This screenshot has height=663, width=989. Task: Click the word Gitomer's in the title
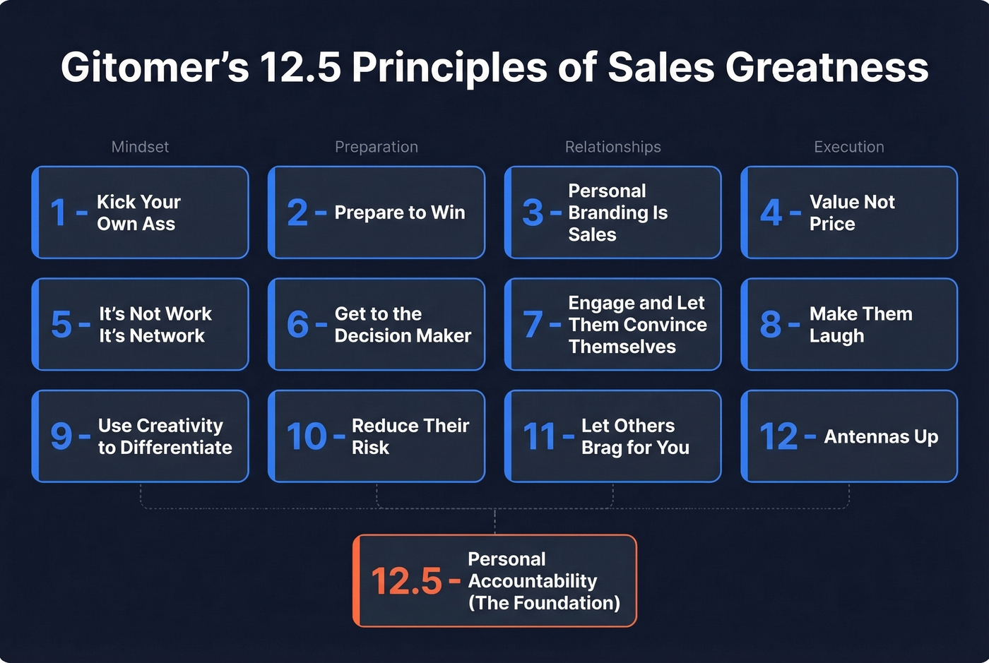tap(155, 68)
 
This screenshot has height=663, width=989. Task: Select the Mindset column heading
tap(140, 147)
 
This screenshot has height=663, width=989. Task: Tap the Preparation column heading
tap(377, 147)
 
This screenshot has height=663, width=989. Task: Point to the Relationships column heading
tap(613, 147)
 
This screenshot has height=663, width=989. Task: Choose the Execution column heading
tap(849, 147)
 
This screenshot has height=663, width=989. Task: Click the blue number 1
tap(59, 213)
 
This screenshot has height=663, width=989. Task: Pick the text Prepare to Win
tap(400, 213)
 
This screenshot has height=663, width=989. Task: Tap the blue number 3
tap(533, 213)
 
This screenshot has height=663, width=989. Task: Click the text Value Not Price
tap(851, 213)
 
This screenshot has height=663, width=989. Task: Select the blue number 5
tap(61, 325)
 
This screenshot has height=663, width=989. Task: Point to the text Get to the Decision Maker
tap(403, 325)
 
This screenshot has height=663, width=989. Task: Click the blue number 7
tap(533, 325)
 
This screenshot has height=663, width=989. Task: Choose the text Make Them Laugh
tap(860, 325)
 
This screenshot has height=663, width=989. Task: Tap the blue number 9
tap(61, 436)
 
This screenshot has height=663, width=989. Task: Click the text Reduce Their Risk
tap(410, 436)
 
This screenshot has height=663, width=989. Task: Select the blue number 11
tap(540, 436)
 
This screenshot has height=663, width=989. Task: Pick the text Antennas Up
tap(881, 437)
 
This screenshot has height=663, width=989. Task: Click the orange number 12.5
tap(407, 582)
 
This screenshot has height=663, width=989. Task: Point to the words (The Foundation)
tap(544, 603)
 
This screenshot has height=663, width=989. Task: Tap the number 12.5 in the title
tap(301, 68)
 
